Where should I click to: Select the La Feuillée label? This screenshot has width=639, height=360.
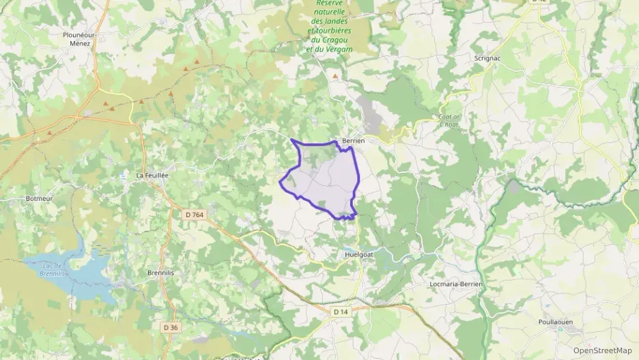pyautogui.click(x=152, y=176)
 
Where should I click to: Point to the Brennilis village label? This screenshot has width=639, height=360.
pyautogui.click(x=162, y=272)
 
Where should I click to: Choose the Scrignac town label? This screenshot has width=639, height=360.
pyautogui.click(x=487, y=58)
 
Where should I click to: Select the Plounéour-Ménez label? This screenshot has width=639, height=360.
pyautogui.click(x=81, y=38)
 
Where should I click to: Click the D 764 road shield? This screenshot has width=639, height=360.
pyautogui.click(x=195, y=215)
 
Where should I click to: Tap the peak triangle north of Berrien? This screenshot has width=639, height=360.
pyautogui.click(x=335, y=77)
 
